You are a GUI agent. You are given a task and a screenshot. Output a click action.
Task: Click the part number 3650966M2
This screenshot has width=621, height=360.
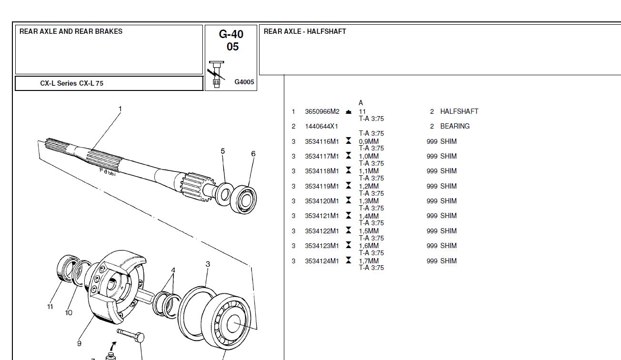322,112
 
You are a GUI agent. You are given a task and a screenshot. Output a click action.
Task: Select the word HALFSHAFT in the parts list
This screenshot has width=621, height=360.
459,111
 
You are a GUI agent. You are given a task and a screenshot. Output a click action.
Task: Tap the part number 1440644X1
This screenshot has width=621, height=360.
321,127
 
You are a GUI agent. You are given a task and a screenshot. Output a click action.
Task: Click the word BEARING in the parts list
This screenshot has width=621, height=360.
455,127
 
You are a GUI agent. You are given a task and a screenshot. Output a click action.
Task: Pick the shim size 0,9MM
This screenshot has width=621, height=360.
369,142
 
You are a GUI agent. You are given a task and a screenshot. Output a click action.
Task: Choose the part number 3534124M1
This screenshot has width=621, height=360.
322,261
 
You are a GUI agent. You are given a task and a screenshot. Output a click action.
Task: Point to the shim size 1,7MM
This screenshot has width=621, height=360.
369,261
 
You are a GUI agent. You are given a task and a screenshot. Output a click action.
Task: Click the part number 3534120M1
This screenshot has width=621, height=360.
322,201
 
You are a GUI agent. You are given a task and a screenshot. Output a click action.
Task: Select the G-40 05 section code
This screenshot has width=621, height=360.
231,40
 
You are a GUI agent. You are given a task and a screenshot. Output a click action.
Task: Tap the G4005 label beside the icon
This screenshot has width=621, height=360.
244,82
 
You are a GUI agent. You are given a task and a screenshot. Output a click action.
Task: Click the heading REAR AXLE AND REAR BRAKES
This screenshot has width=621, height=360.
71,31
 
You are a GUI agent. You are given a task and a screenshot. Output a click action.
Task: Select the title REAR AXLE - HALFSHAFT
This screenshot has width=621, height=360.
305,31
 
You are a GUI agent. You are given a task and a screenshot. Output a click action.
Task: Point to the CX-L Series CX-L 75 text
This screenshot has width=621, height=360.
71,83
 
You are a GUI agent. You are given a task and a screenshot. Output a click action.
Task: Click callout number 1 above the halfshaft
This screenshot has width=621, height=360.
120,109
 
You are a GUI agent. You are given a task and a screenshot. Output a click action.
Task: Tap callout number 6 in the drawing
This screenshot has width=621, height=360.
253,154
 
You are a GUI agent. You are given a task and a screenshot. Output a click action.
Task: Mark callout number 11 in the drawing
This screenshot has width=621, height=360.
50,307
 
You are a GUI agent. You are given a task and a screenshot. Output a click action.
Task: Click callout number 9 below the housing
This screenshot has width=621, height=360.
79,343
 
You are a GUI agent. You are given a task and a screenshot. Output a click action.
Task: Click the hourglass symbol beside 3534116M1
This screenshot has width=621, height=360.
349,141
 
